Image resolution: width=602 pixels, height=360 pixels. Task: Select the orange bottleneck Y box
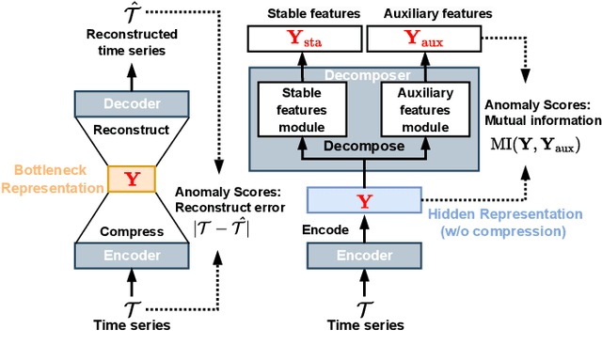(x=131, y=179)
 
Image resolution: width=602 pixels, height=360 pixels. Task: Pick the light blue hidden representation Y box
(x=364, y=200)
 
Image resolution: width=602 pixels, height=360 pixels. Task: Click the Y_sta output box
(x=304, y=39)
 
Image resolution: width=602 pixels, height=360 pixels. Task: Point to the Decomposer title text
(x=364, y=73)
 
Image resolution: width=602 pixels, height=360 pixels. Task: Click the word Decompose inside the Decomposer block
(x=364, y=146)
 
